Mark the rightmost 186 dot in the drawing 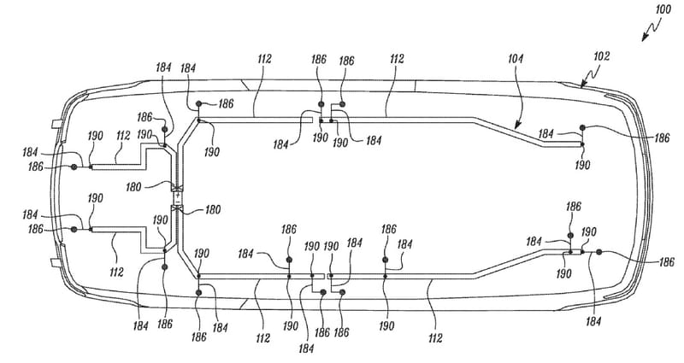pyautogui.click(x=598, y=252)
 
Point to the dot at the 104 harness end pyautogui.click(x=581, y=128)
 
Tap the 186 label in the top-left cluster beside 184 pyautogui.click(x=144, y=117)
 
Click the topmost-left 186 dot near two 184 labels pyautogui.click(x=198, y=103)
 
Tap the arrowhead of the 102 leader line pyautogui.click(x=581, y=85)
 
